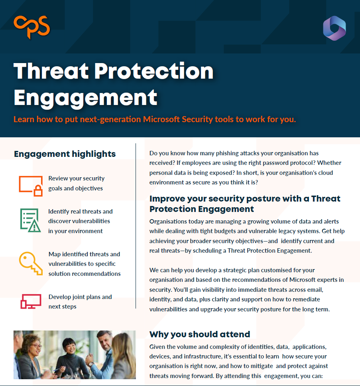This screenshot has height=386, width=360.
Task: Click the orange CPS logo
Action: (x=32, y=27)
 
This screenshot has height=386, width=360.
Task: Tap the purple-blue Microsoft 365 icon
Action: (x=334, y=28)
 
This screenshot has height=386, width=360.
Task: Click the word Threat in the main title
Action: (x=51, y=71)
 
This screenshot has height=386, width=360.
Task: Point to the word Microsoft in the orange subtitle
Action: (x=161, y=119)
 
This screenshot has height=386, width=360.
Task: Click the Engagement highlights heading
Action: (x=65, y=154)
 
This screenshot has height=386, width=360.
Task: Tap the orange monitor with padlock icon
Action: (x=31, y=186)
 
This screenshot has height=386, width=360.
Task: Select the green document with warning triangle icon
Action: (x=30, y=220)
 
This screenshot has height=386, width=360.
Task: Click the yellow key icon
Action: (x=31, y=263)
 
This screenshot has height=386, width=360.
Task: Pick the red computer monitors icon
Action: (x=31, y=301)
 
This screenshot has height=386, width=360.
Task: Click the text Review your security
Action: (x=77, y=178)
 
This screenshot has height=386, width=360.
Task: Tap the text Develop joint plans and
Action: (x=80, y=297)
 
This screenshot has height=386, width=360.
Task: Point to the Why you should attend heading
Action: (x=200, y=334)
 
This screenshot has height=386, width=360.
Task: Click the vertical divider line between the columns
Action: (x=136, y=226)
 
